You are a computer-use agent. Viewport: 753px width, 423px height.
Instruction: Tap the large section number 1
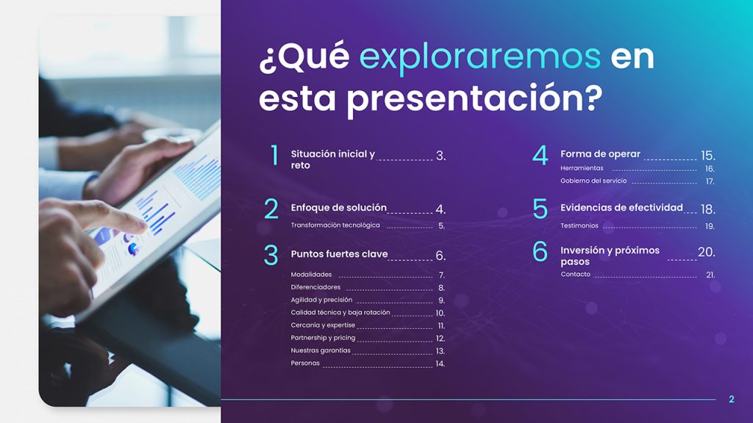pyautogui.click(x=274, y=156)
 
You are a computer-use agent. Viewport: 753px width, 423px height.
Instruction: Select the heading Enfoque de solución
pyautogui.click(x=338, y=208)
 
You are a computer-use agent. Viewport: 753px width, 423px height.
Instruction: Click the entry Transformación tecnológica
pyautogui.click(x=335, y=225)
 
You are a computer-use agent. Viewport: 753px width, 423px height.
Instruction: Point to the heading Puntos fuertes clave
pyautogui.click(x=339, y=255)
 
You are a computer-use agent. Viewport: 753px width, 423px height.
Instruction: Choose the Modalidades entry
pyautogui.click(x=311, y=275)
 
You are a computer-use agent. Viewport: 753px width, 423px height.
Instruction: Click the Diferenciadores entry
pyautogui.click(x=315, y=287)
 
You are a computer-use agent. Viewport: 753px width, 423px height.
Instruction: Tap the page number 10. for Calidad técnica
pyautogui.click(x=440, y=313)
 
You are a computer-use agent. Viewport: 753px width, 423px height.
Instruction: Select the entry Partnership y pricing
pyautogui.click(x=323, y=338)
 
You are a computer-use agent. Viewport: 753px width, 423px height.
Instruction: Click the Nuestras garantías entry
pyautogui.click(x=321, y=350)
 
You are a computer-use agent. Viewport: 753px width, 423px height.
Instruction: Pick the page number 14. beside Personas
pyautogui.click(x=440, y=364)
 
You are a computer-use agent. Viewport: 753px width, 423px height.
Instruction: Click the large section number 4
pyautogui.click(x=540, y=156)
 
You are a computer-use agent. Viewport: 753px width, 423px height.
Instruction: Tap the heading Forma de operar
pyautogui.click(x=600, y=154)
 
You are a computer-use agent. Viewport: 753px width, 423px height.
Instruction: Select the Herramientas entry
pyautogui.click(x=582, y=168)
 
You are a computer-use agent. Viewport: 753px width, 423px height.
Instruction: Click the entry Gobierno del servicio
pyautogui.click(x=593, y=181)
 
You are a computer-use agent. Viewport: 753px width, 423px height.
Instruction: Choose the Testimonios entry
pyautogui.click(x=579, y=226)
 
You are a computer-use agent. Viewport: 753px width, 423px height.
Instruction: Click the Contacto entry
pyautogui.click(x=575, y=275)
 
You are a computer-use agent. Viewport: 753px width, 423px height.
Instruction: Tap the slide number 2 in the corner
pyautogui.click(x=731, y=399)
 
